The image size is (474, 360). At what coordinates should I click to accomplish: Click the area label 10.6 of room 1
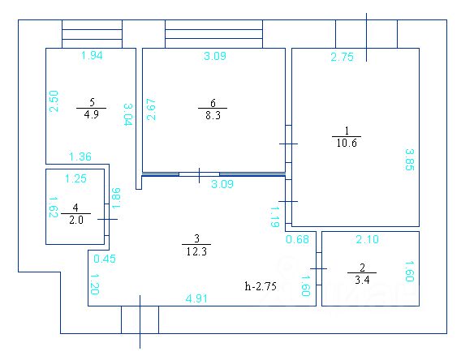347,143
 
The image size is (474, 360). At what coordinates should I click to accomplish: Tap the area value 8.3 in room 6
213,115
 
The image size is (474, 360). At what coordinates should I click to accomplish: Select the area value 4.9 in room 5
91,114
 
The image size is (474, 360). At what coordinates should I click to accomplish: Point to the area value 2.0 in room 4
75,220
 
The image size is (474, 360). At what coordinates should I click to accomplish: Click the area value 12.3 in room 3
196,251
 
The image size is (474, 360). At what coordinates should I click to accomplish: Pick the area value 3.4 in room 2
362,280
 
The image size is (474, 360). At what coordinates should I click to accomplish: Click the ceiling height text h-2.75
261,286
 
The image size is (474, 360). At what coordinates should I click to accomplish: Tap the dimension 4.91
196,298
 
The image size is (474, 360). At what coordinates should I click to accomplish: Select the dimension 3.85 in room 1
410,160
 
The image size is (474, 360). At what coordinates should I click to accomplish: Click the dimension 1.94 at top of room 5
92,55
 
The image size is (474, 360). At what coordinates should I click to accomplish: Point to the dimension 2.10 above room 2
367,239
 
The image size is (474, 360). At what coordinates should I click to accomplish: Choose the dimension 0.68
297,239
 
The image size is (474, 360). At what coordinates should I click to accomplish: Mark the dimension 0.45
105,259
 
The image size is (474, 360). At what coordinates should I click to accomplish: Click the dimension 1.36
80,156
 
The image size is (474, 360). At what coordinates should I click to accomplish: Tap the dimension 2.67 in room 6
151,109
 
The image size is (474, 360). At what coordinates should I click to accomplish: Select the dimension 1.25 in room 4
75,178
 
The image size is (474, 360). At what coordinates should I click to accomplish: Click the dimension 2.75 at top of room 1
342,57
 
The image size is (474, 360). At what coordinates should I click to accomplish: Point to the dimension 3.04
128,114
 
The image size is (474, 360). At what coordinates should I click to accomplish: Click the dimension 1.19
274,216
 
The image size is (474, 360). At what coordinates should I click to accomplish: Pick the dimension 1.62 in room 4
54,208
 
